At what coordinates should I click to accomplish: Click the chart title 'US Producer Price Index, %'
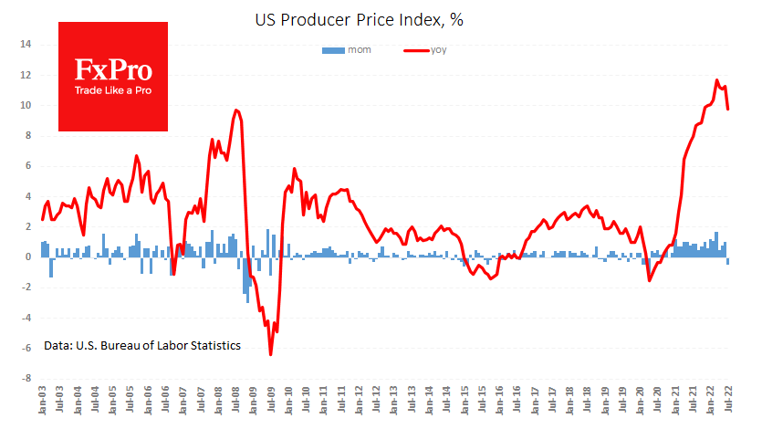pos(381,18)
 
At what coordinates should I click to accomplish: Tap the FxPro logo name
pos(113,71)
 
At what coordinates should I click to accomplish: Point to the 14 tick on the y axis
pos(26,44)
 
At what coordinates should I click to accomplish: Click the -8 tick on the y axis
pos(26,378)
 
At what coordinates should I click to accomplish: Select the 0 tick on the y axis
pos(28,256)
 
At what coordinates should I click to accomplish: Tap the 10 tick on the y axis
pos(26,105)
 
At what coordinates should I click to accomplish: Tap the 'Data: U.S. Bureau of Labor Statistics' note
pos(142,346)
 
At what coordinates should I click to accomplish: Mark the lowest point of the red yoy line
pos(271,354)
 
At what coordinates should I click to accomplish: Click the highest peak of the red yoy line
pos(717,80)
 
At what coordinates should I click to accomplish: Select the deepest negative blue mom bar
pos(247,302)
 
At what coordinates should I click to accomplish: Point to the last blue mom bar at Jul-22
pos(728,261)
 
